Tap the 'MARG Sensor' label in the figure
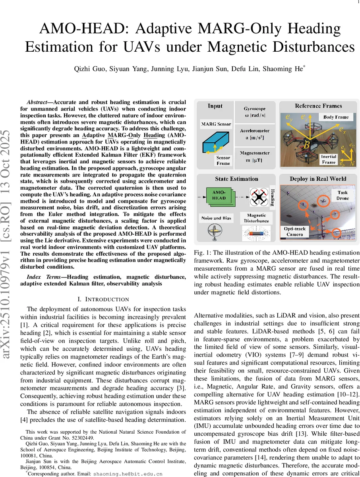(x=216, y=124)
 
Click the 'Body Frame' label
(x=336, y=117)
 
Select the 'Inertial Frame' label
(x=329, y=159)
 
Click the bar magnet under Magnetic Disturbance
(x=256, y=234)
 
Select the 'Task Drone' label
(x=343, y=195)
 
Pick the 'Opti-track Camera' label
(x=294, y=232)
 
